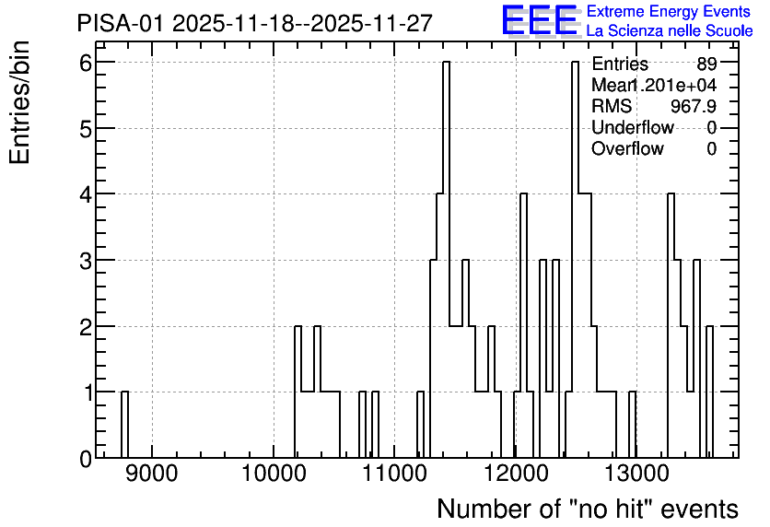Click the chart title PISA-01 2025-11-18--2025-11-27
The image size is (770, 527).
click(x=254, y=24)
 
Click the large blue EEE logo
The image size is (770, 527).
click(x=539, y=20)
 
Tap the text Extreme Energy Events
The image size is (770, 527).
click(x=669, y=11)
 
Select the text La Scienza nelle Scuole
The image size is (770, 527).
click(x=670, y=31)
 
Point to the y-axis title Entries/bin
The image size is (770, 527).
click(x=19, y=102)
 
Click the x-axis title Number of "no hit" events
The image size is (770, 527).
click(x=588, y=509)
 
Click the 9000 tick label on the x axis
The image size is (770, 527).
click(x=151, y=474)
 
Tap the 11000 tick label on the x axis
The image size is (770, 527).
click(x=394, y=474)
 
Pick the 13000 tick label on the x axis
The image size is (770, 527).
click(x=636, y=474)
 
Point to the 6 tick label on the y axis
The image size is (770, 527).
click(x=87, y=63)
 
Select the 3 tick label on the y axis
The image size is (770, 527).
click(x=87, y=261)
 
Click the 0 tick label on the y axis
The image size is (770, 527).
click(x=87, y=459)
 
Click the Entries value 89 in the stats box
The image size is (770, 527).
click(x=706, y=64)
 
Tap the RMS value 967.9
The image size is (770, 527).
click(x=694, y=106)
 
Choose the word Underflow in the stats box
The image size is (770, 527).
click(x=633, y=127)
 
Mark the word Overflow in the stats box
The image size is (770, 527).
click(x=627, y=148)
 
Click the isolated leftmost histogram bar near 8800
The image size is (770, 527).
click(x=124, y=425)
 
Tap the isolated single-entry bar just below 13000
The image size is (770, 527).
click(x=633, y=425)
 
